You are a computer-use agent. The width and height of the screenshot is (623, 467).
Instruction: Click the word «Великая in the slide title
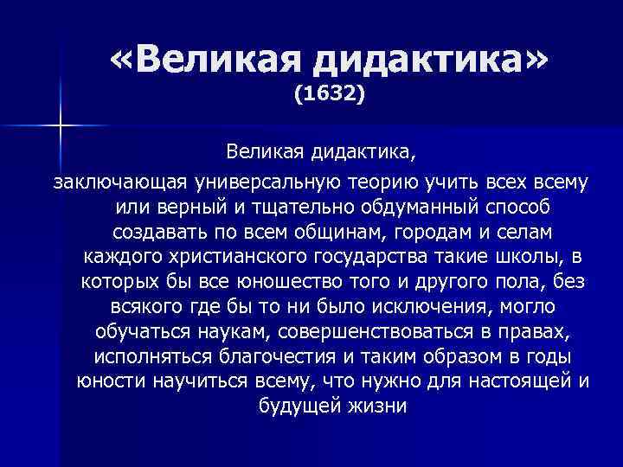(x=202, y=61)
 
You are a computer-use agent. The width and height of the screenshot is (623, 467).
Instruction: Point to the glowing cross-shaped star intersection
(x=61, y=126)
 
